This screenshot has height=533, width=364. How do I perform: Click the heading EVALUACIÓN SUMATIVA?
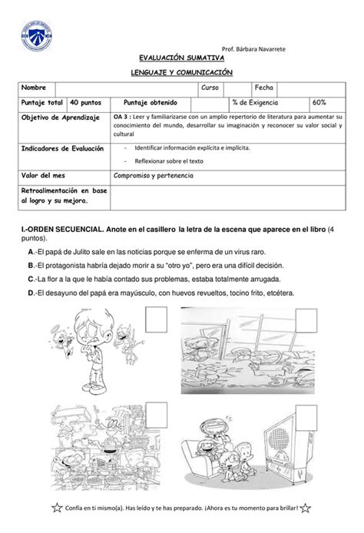[x=181, y=58]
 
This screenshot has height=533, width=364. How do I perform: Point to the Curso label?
[x=210, y=88]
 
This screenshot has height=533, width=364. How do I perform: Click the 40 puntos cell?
[x=83, y=102]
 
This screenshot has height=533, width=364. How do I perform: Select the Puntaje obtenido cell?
[x=151, y=102]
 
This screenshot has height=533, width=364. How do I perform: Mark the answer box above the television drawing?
[x=309, y=410]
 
